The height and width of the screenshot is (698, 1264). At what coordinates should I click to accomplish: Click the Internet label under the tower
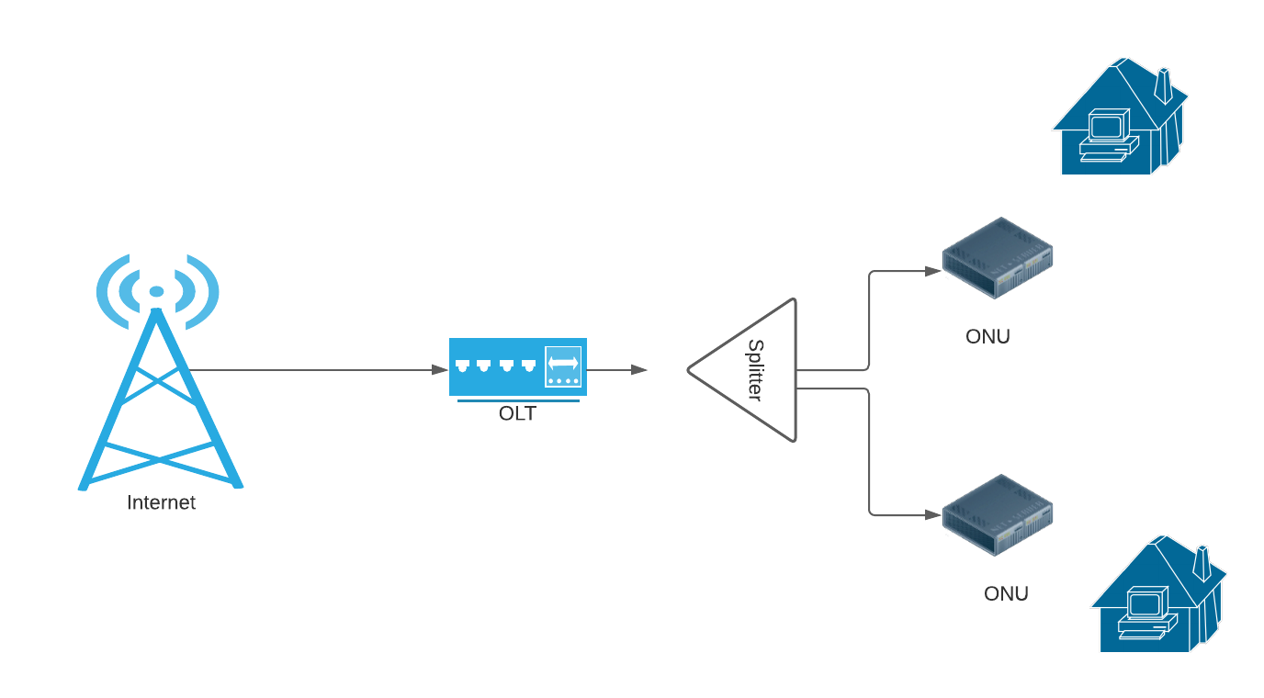point(161,502)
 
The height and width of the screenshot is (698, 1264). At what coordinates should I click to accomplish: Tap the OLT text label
point(517,413)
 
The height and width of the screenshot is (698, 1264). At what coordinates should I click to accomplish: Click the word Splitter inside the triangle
point(755,370)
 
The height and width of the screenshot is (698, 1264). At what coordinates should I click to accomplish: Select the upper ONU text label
point(987,336)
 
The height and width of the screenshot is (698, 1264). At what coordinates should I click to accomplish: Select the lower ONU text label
point(1006,593)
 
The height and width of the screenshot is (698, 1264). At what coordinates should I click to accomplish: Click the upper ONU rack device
point(998,258)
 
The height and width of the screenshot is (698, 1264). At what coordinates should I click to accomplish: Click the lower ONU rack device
point(998,514)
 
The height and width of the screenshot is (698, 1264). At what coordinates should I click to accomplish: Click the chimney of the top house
point(1163,84)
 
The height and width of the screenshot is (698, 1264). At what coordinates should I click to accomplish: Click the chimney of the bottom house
point(1202,562)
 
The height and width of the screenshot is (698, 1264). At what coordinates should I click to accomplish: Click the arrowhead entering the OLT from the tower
point(440,370)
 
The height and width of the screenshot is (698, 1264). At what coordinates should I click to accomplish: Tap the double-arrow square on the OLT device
point(563,366)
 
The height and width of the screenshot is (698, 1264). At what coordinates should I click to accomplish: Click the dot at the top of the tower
point(157,291)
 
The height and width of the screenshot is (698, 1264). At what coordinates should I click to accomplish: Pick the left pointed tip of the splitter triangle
point(690,370)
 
